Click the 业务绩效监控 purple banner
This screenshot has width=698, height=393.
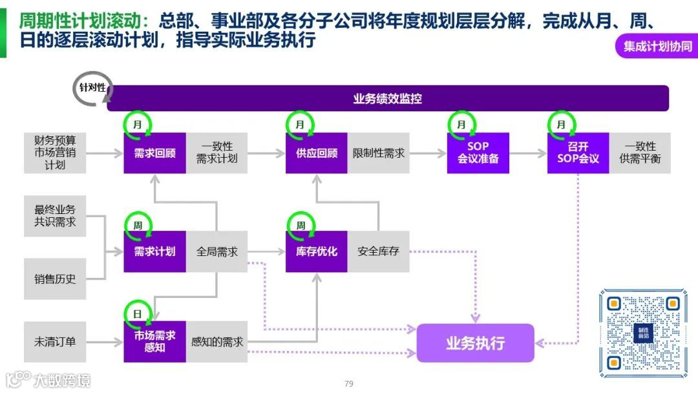pos(388,99)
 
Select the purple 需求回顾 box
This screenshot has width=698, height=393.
pos(154,153)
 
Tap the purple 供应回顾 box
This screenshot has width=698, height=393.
pos(316,153)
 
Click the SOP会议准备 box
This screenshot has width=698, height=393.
pos(478,153)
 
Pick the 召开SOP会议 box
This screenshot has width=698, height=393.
pos(578,153)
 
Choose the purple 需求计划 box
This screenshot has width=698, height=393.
pos(154,251)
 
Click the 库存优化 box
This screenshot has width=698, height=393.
pos(316,251)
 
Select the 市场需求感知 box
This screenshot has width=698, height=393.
pos(154,341)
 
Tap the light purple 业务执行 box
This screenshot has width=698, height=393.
pos(475,343)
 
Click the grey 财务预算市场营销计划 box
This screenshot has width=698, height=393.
pos(55,153)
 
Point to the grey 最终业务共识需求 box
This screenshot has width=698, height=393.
pos(55,216)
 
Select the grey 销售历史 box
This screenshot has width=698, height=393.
pos(55,279)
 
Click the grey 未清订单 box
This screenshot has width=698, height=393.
pos(55,341)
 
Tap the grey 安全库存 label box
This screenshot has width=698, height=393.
pos(378,251)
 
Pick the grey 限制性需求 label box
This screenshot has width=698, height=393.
pos(378,153)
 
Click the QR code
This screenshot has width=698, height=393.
pos(642,333)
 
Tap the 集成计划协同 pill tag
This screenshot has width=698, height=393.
pos(657,47)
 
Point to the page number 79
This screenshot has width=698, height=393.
pos(349,384)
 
